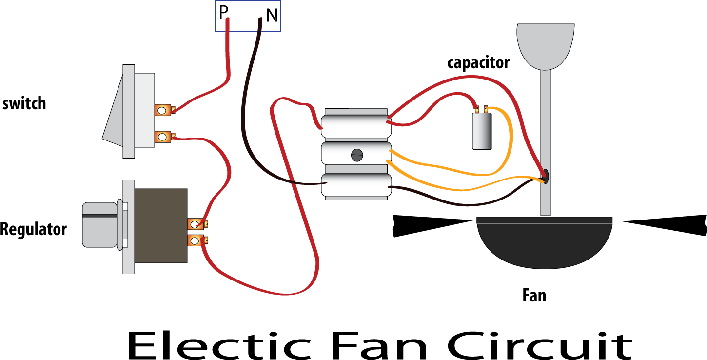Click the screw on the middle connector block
pos(357,155)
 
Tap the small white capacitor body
pos(481,131)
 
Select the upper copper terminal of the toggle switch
pos(162,110)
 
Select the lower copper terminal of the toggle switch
pos(162,137)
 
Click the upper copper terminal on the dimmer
pos(195,224)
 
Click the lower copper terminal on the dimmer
pos(195,240)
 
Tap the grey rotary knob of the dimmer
pos(99,225)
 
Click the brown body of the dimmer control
pos(160,226)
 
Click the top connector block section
pos(356,126)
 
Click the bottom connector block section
pos(356,185)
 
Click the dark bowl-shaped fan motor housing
pos(544,244)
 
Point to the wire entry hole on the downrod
pos(545,176)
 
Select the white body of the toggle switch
pos(144,110)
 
